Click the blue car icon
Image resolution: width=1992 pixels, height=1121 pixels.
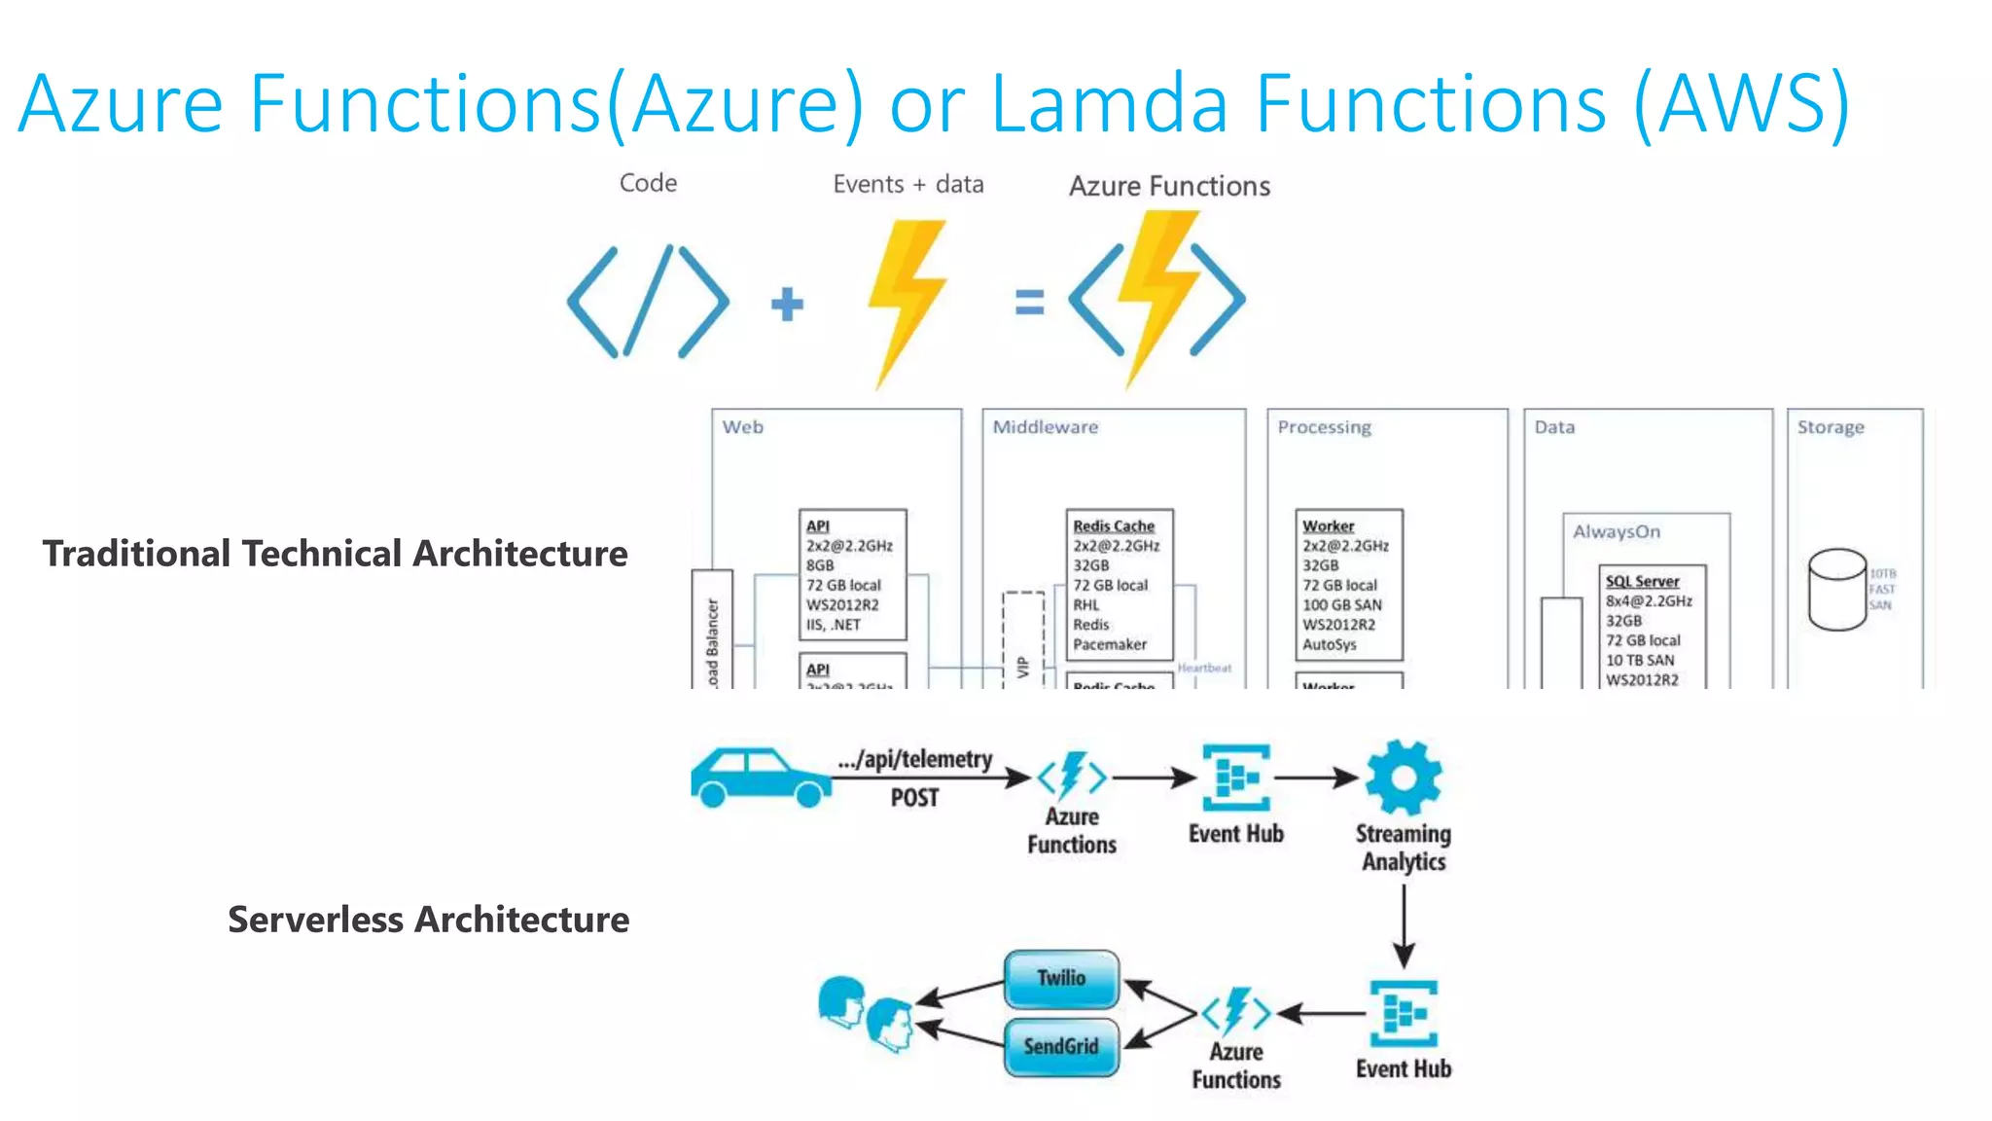761,777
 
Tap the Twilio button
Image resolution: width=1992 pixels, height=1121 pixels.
1060,978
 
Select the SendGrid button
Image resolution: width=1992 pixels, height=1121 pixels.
1060,1046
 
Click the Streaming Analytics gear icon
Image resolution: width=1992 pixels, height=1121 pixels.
1403,777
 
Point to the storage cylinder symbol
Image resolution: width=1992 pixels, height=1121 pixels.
1836,590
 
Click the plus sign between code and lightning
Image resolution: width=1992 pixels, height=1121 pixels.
787,304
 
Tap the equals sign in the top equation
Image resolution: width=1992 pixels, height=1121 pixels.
1029,302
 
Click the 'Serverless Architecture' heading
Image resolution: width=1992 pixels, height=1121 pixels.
428,920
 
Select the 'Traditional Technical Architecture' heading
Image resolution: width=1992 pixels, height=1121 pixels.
335,554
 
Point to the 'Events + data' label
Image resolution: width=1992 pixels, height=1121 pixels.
907,184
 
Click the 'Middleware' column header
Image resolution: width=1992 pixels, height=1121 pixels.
1045,427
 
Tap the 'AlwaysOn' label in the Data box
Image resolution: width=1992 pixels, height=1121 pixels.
1617,532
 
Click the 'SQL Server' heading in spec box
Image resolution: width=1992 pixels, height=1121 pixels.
1642,581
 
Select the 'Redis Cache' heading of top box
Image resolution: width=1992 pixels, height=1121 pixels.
1113,525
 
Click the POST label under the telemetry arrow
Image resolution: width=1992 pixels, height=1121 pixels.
914,798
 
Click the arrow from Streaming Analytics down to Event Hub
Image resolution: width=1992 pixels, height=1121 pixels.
1404,924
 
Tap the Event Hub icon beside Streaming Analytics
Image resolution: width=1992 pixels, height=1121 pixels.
1235,777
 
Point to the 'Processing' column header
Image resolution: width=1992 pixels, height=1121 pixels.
1324,427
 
